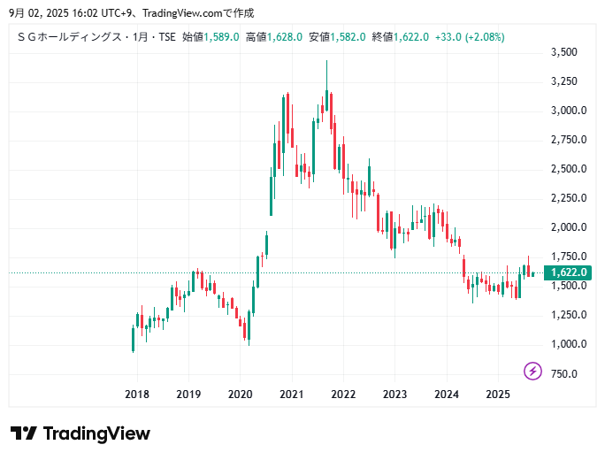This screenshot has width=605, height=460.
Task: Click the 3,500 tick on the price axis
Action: click(x=563, y=52)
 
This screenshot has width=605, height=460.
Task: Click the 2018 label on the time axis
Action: click(x=136, y=394)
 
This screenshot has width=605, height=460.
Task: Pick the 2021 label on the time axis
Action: click(x=292, y=394)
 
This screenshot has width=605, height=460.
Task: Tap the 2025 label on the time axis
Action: click(x=498, y=394)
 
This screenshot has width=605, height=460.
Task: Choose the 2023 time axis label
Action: click(x=394, y=394)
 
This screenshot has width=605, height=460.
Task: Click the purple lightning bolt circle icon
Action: click(x=532, y=371)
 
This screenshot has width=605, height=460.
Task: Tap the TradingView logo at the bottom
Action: click(x=80, y=433)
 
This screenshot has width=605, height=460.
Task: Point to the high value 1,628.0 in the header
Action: click(x=285, y=37)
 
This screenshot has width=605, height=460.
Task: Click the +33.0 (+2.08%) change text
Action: click(x=471, y=37)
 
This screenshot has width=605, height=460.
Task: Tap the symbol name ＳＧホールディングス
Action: click(x=67, y=37)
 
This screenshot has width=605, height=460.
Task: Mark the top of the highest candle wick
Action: click(x=326, y=60)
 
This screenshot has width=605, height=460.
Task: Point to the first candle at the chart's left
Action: click(x=133, y=339)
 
